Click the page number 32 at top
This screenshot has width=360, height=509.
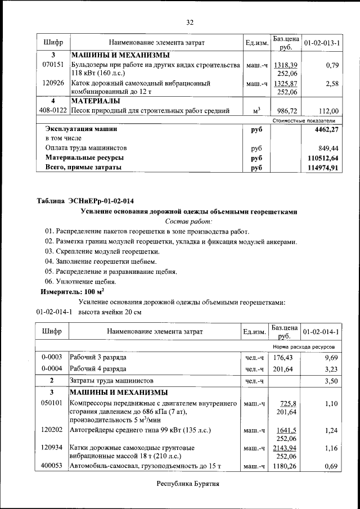(190, 22)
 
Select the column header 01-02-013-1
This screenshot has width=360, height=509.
(322, 43)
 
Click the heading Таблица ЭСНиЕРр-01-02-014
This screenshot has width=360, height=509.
(85, 201)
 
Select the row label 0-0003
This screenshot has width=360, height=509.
(52, 357)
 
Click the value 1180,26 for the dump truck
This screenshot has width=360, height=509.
(285, 466)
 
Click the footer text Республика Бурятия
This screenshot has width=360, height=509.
(187, 483)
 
